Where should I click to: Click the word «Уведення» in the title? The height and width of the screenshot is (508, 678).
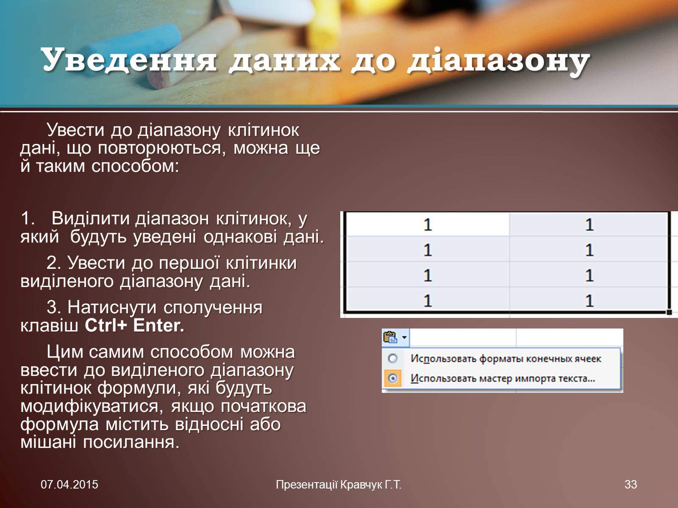click(x=129, y=60)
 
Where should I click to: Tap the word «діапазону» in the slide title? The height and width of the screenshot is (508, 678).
click(x=498, y=62)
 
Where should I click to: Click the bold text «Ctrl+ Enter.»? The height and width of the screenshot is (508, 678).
click(x=134, y=326)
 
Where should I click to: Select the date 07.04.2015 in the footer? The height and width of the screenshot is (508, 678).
click(x=69, y=485)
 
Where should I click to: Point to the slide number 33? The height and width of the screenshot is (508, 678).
click(x=631, y=485)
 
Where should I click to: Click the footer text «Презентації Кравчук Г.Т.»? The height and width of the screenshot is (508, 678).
click(x=339, y=485)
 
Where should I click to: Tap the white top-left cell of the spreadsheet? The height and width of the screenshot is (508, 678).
click(x=427, y=224)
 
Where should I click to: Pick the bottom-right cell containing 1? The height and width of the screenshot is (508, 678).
click(x=589, y=300)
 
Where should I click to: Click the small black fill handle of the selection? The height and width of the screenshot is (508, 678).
click(x=669, y=312)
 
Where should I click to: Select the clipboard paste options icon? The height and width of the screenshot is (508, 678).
click(x=390, y=337)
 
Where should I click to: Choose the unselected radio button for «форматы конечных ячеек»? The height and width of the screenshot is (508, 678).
click(x=392, y=359)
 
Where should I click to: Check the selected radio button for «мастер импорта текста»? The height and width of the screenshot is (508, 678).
click(x=392, y=378)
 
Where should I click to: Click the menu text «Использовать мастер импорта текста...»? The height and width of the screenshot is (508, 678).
click(x=503, y=378)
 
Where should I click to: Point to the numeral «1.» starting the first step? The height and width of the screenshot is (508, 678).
click(x=28, y=218)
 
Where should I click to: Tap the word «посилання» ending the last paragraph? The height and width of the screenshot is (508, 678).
click(x=131, y=442)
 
